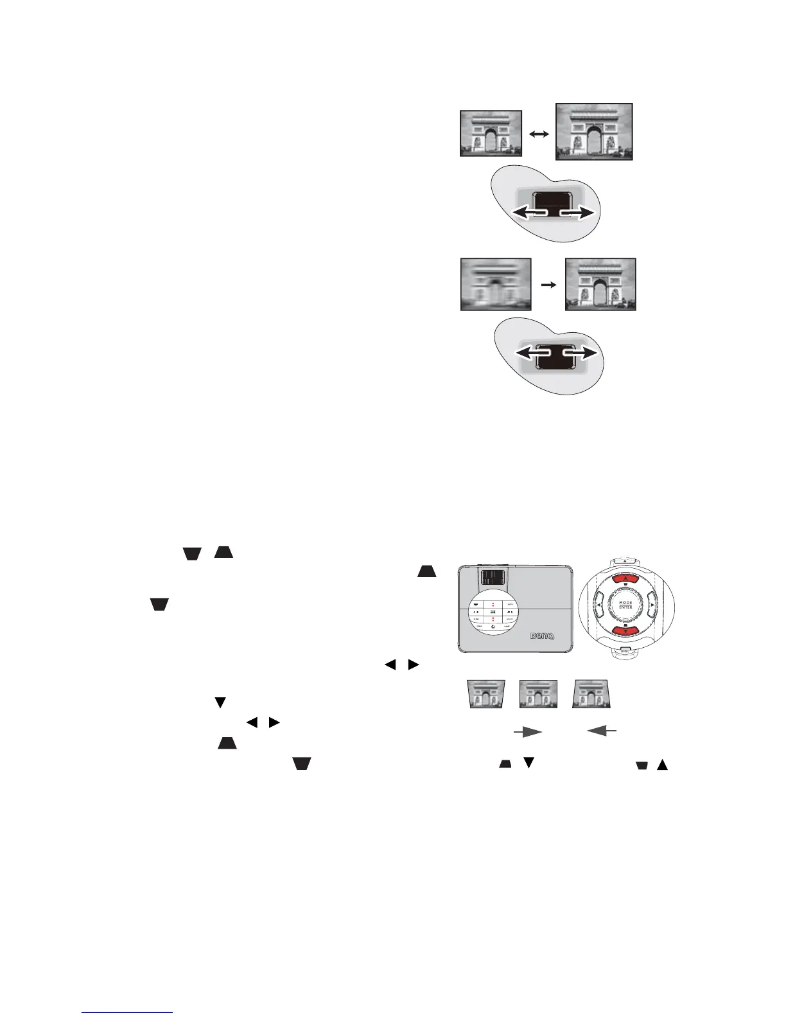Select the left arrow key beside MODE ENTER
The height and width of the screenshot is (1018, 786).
pyautogui.click(x=598, y=605)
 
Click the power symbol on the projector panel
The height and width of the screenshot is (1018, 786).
pyautogui.click(x=492, y=625)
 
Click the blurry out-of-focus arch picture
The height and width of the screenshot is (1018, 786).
pyautogui.click(x=496, y=284)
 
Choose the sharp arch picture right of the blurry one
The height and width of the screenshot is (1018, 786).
pyautogui.click(x=600, y=284)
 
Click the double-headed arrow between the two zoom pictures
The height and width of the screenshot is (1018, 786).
pyautogui.click(x=538, y=134)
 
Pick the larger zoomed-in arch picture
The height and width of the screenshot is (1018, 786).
pyautogui.click(x=594, y=131)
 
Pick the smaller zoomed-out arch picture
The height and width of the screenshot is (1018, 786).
pyautogui.click(x=491, y=133)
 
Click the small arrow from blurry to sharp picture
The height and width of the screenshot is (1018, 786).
pyautogui.click(x=548, y=284)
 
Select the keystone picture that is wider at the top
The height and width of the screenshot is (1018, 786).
pyautogui.click(x=485, y=694)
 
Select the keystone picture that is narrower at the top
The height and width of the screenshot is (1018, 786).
pyautogui.click(x=592, y=694)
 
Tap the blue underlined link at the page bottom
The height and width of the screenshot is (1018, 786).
pyautogui.click(x=128, y=1012)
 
